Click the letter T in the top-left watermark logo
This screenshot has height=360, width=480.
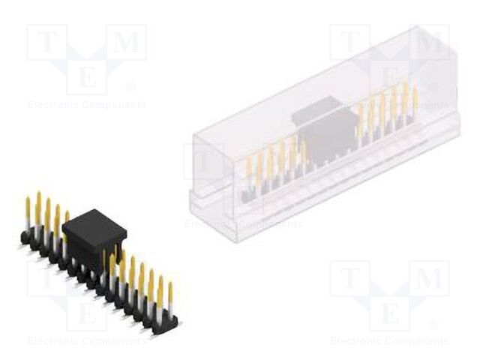[46, 43]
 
